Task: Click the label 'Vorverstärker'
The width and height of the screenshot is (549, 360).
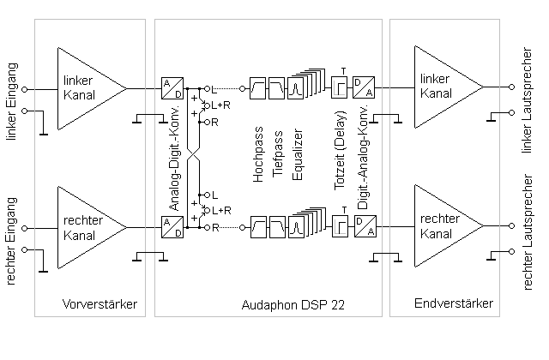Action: (100, 304)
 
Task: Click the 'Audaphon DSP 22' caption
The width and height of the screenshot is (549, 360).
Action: (271, 304)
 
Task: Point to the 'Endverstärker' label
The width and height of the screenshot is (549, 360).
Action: (454, 304)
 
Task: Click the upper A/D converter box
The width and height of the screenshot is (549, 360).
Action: (171, 88)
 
